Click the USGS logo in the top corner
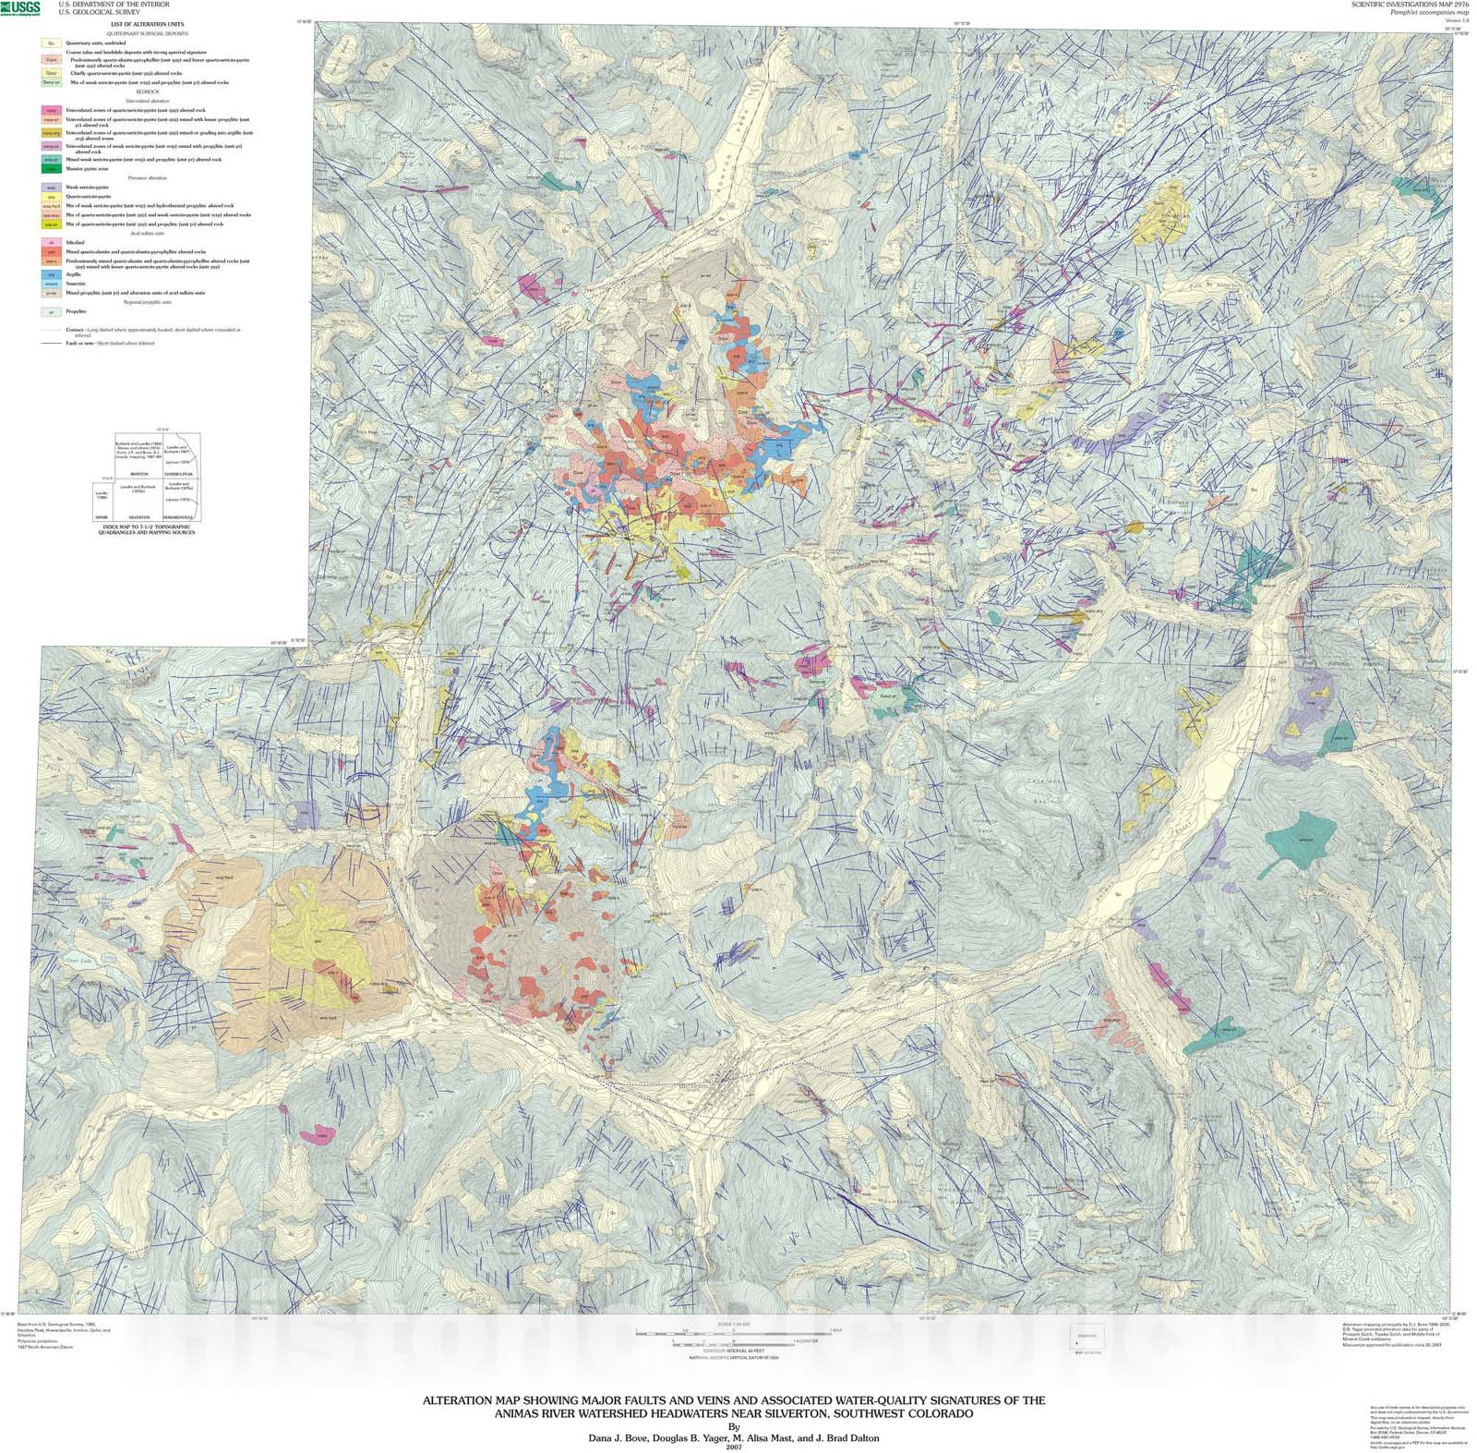(20, 8)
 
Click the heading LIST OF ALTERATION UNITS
(148, 24)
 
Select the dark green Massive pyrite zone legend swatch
(52, 169)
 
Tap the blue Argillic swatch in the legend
(52, 274)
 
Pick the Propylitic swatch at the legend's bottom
(52, 312)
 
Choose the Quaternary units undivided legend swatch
(52, 43)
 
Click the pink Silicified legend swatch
(52, 242)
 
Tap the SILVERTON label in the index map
(139, 517)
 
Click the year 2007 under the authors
(734, 1447)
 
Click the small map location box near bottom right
(1083, 1337)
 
